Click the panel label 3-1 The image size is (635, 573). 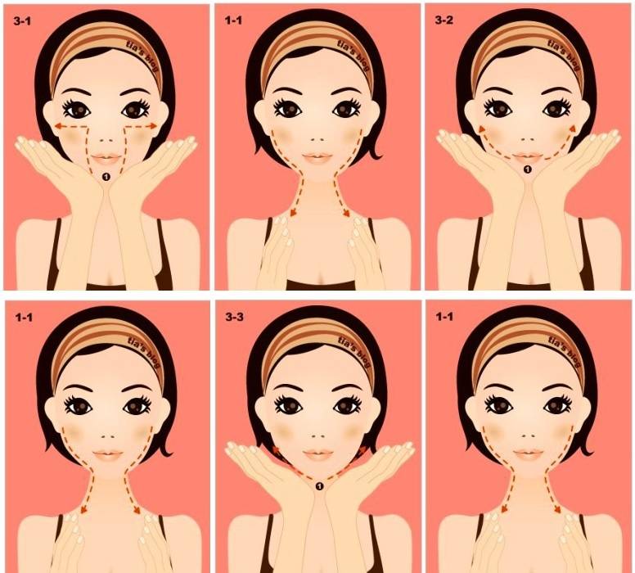(x=21, y=21)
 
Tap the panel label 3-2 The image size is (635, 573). (x=444, y=20)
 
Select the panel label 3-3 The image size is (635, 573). (x=235, y=317)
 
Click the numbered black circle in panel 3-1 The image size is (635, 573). (x=106, y=176)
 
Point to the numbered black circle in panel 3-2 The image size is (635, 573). (x=527, y=169)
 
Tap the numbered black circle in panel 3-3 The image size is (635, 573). (x=319, y=485)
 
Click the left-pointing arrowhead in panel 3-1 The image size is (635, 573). (x=59, y=126)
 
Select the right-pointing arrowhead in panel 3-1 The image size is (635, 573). (x=153, y=126)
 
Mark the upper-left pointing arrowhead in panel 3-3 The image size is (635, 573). (x=276, y=450)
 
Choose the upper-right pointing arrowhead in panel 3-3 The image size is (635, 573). (x=363, y=450)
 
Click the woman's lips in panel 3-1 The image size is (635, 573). (x=106, y=158)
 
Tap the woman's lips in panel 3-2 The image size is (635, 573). (x=528, y=157)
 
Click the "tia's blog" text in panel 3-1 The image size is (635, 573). (x=144, y=57)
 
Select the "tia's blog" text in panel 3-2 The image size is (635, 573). (x=565, y=55)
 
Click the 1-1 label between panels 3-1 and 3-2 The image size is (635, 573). (x=233, y=20)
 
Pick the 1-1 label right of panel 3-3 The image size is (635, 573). (x=444, y=317)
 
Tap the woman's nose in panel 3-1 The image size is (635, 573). (x=106, y=140)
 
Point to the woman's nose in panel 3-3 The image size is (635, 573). (x=318, y=436)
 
